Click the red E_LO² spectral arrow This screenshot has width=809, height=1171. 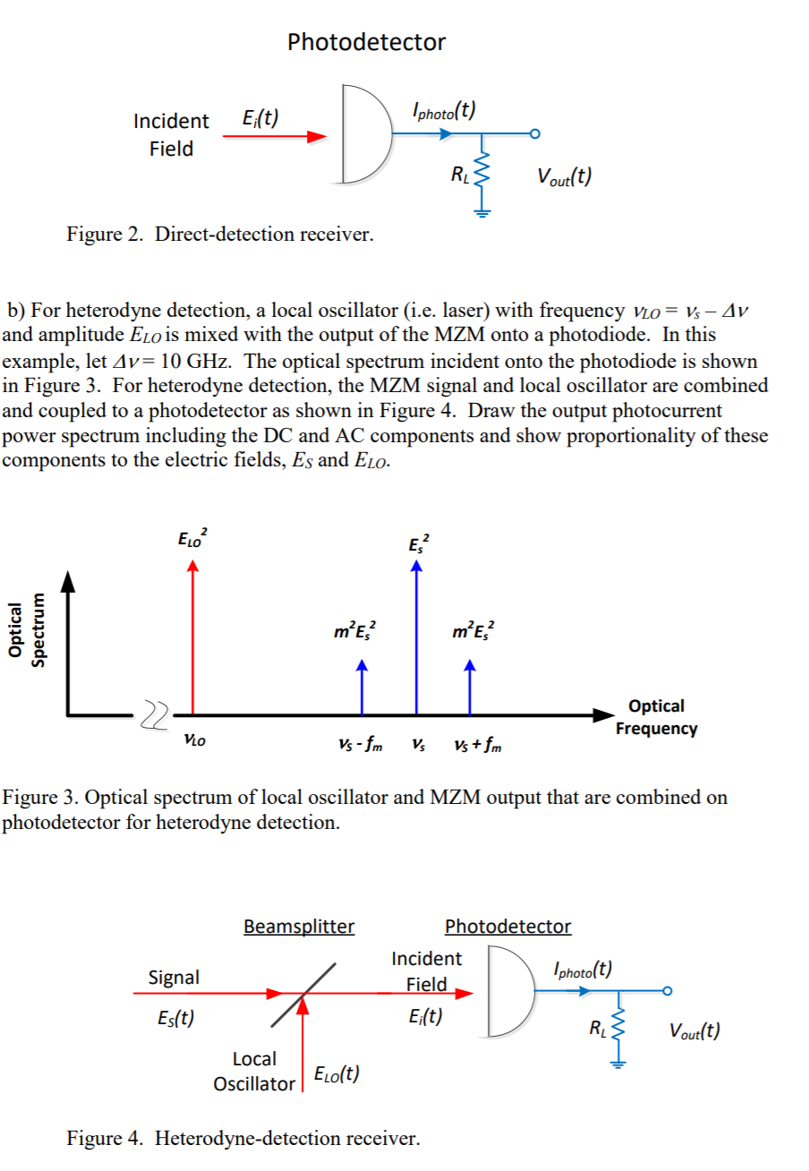pos(192,636)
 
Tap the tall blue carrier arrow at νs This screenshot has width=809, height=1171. pos(415,636)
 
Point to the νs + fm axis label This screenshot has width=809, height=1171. pos(477,744)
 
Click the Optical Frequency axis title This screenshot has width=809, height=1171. pos(656,717)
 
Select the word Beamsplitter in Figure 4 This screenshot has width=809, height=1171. pos(299,926)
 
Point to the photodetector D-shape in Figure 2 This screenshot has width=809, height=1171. pos(365,135)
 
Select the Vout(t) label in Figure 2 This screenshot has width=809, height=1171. pos(562,176)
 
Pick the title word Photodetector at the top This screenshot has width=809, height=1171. pos(366,42)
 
